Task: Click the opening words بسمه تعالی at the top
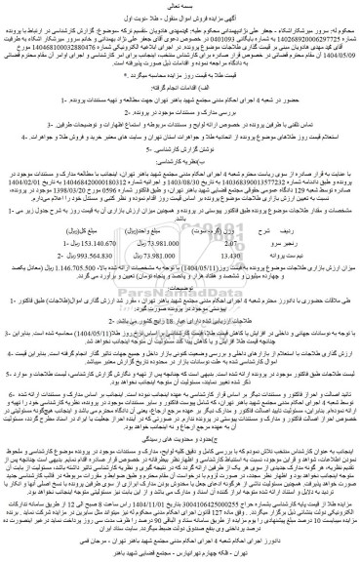180,7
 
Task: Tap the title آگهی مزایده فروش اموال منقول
180,19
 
